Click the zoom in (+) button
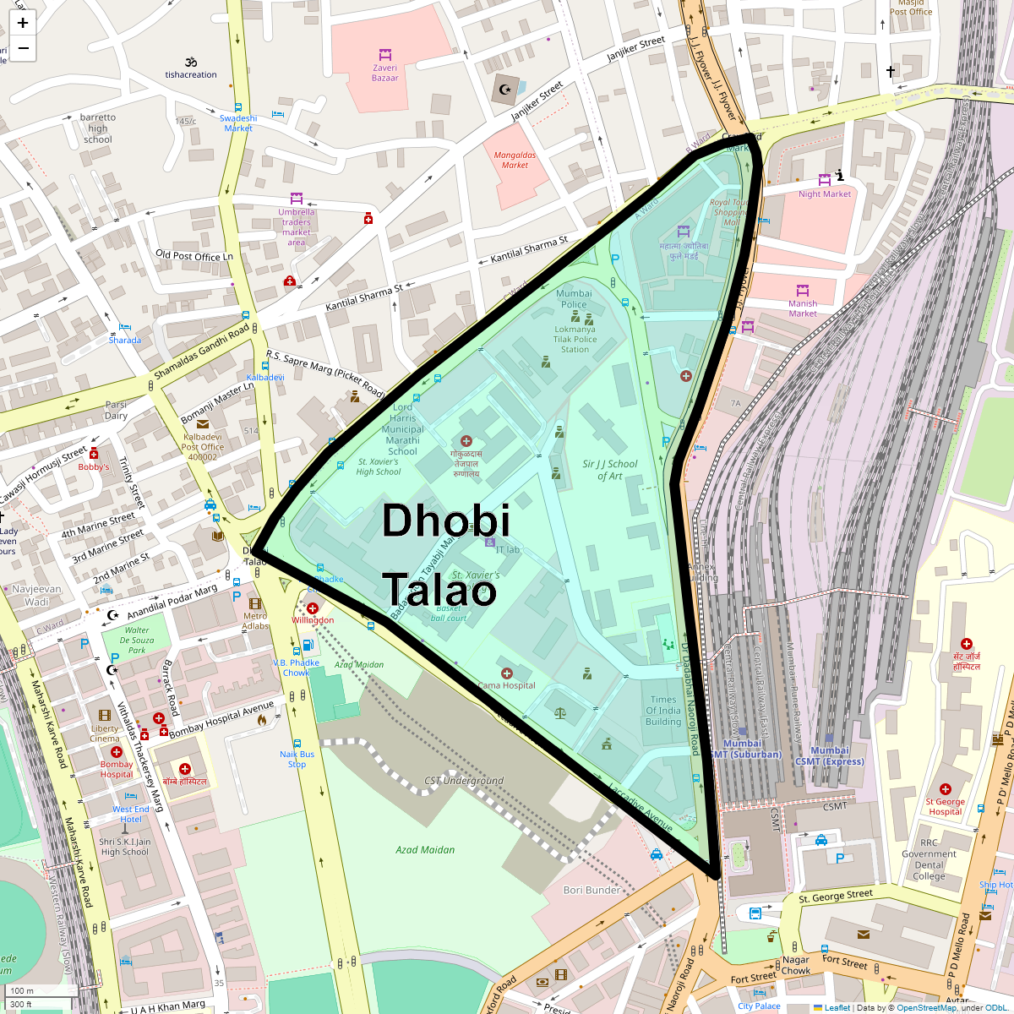point(23,23)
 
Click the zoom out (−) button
point(23,48)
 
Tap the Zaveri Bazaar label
point(384,73)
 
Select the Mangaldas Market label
point(515,160)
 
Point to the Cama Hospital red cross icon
point(506,673)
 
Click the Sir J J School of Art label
point(610,470)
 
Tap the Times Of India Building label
point(663,711)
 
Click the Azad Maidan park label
point(425,849)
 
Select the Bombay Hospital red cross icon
point(117,752)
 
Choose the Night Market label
point(825,194)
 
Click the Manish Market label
point(803,308)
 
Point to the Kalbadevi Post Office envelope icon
point(203,424)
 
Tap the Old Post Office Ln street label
point(194,255)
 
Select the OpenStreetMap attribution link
point(926,1007)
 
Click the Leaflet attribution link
point(837,1007)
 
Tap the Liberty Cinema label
point(105,733)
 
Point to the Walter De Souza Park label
point(137,640)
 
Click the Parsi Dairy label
point(116,410)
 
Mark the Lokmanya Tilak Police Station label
point(575,340)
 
